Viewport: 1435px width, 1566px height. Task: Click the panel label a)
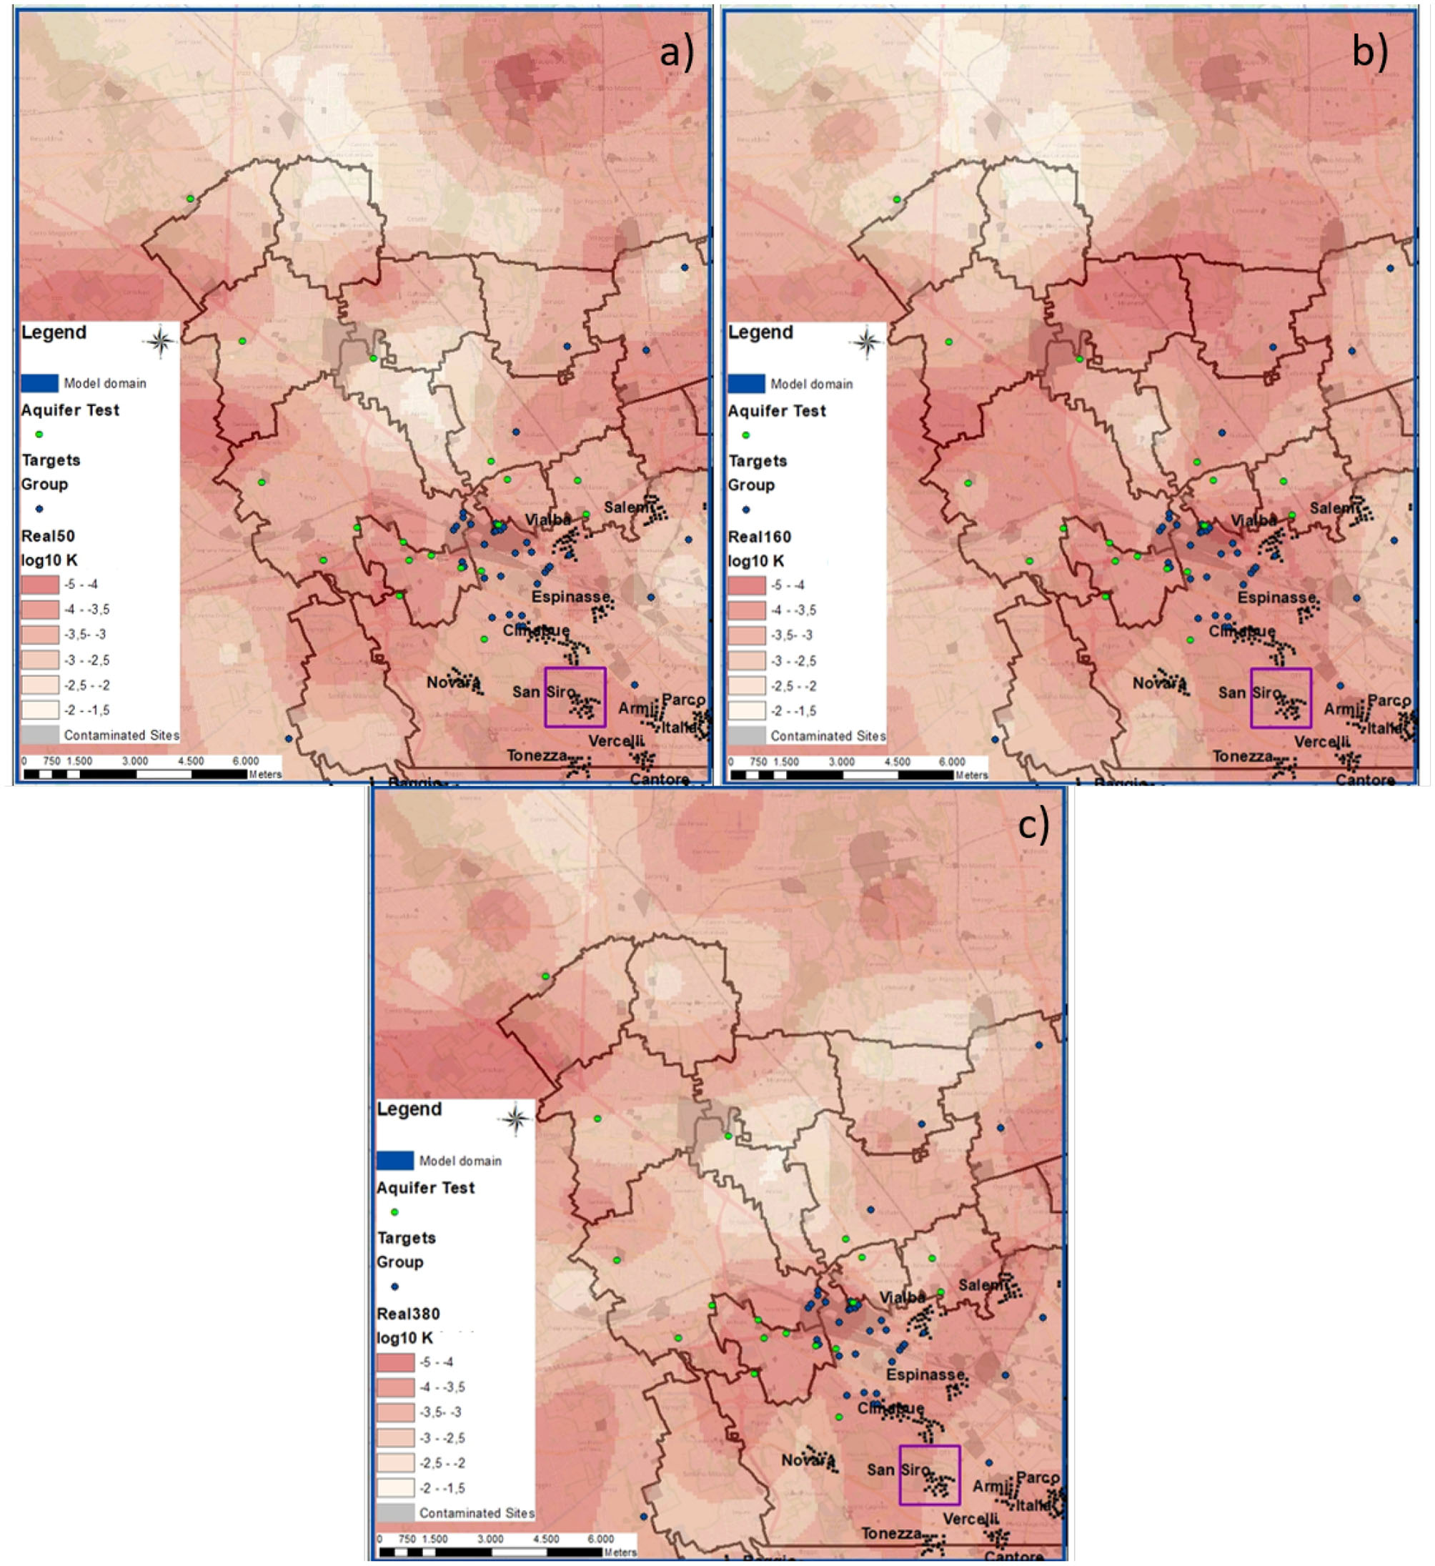pos(676,53)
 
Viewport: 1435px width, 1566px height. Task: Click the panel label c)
pos(1033,826)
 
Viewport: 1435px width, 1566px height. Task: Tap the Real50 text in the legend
pos(48,536)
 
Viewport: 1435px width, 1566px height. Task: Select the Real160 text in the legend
pos(760,537)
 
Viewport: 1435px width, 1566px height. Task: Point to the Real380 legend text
pos(407,1314)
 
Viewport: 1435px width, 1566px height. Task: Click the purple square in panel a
pos(575,697)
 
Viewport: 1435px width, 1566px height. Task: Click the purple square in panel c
pos(930,1475)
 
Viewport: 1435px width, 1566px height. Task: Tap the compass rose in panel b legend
pos(868,342)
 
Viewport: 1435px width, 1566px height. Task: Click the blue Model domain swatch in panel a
pos(39,383)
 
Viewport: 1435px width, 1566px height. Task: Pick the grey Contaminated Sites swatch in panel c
pos(395,1512)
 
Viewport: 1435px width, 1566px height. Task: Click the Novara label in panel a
pos(451,682)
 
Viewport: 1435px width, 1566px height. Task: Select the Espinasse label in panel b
pos(1276,598)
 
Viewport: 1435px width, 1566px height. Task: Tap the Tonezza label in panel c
pos(891,1533)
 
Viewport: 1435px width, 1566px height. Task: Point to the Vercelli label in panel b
pos(1321,742)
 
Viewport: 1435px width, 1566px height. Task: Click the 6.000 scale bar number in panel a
pos(245,761)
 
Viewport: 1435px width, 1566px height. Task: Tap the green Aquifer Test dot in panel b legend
pos(745,435)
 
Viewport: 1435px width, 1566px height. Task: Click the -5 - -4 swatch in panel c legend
pos(395,1362)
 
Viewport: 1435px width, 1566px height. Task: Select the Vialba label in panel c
pos(902,1297)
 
